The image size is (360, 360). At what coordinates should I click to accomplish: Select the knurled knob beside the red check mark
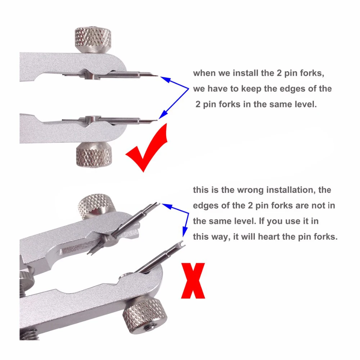(x=94, y=155)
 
